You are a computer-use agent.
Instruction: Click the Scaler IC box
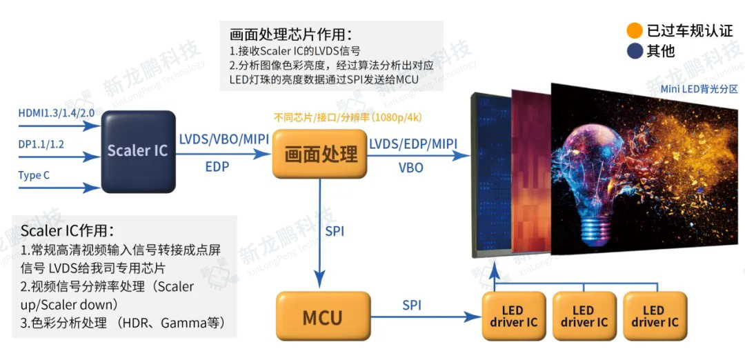[137, 151]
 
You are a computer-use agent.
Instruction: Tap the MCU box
[322, 317]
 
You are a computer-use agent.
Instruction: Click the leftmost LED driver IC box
[513, 316]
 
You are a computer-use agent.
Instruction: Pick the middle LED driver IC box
[584, 316]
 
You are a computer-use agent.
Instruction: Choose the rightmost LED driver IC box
[655, 316]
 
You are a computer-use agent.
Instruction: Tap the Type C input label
[34, 175]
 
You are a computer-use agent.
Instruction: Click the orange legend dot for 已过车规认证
[634, 30]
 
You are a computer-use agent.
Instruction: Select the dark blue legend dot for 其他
[634, 50]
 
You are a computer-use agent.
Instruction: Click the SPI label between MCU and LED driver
[411, 304]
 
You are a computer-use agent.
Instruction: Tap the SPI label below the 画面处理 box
[335, 230]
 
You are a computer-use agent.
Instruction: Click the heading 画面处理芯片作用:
[290, 34]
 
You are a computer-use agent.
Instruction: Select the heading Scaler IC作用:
[67, 230]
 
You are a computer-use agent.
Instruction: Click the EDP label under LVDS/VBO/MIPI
[218, 167]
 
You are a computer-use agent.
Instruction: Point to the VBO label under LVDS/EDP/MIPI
[411, 167]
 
